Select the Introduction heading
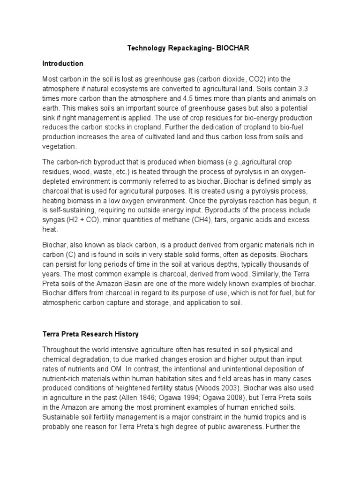63,63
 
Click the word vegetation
60,146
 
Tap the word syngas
53,220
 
